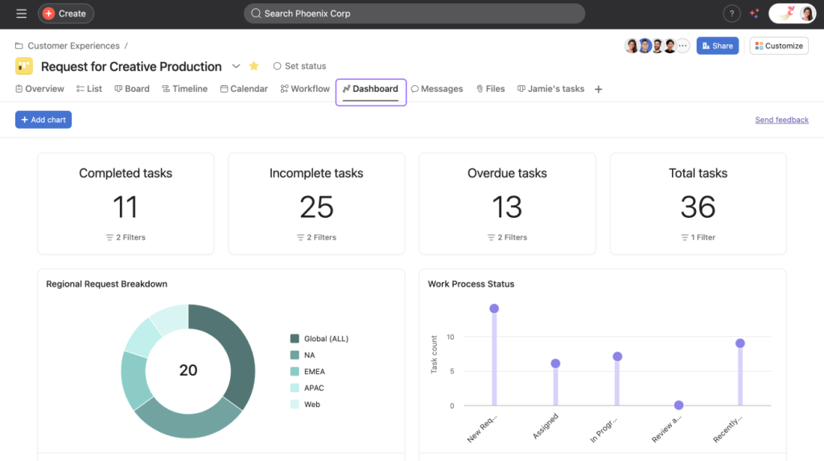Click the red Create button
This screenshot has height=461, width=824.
click(x=65, y=14)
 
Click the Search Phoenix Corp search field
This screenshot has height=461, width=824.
click(x=414, y=14)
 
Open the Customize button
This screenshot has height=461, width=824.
click(x=778, y=46)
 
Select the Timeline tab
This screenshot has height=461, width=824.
click(x=184, y=88)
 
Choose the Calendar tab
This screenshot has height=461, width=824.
click(x=244, y=88)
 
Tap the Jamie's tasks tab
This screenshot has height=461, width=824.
click(x=550, y=88)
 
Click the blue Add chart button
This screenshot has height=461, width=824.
click(x=43, y=120)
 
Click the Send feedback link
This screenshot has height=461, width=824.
click(x=781, y=120)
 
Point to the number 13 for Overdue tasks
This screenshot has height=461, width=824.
click(x=507, y=207)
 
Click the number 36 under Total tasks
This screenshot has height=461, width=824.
click(x=698, y=207)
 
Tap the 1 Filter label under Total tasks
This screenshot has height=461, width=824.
click(x=698, y=237)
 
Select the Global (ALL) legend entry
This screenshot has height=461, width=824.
click(x=325, y=339)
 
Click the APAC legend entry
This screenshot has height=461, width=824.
click(x=313, y=388)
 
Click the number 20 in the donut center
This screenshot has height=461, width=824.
click(x=188, y=370)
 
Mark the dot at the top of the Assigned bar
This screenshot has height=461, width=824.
click(x=555, y=364)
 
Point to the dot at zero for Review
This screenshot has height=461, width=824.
click(x=679, y=405)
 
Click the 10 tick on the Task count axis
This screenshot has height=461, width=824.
click(x=451, y=337)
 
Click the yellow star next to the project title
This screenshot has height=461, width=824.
click(x=254, y=66)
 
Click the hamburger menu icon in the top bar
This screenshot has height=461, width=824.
click(x=21, y=14)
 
